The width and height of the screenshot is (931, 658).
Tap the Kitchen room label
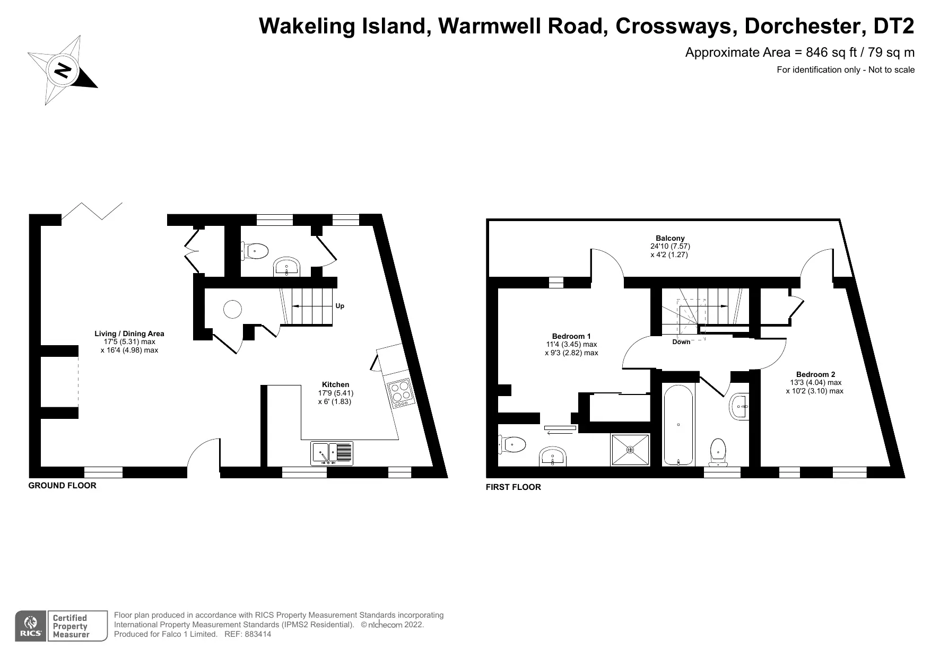[x=336, y=384]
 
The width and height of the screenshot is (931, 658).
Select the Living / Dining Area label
[x=129, y=334]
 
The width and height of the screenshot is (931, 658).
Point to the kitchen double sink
[x=332, y=453]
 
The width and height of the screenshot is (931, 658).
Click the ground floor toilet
[x=255, y=250]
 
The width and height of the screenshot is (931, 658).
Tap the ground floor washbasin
[x=287, y=268]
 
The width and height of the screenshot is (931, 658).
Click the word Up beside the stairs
[x=340, y=306]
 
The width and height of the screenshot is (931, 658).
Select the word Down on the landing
[x=681, y=342]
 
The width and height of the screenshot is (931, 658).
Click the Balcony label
[x=670, y=239]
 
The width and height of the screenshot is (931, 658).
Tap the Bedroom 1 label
[x=571, y=336]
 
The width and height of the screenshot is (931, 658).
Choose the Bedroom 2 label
[x=815, y=374]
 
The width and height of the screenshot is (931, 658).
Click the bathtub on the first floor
[x=678, y=424]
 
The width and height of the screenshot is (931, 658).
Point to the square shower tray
[x=630, y=450]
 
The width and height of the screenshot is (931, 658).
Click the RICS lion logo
[x=31, y=626]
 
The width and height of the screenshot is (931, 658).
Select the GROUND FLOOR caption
[x=62, y=485]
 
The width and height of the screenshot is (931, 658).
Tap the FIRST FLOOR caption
[x=514, y=487]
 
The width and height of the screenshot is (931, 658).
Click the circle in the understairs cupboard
[x=232, y=309]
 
